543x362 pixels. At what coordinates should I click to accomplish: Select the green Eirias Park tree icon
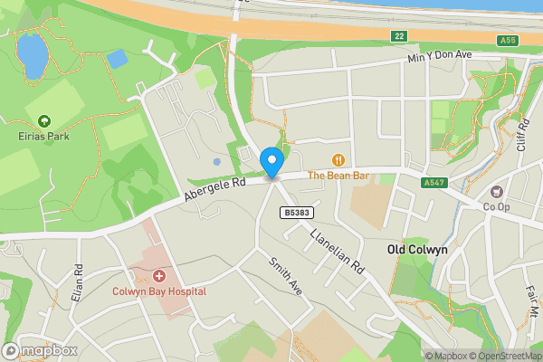point(43,120)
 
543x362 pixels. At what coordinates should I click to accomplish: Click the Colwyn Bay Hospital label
point(159,291)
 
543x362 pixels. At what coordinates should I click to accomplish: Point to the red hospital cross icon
point(159,275)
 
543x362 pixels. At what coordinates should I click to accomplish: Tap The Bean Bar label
point(338,176)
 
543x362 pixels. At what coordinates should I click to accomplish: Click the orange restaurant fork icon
point(339,160)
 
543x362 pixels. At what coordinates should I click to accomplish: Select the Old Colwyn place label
point(418,249)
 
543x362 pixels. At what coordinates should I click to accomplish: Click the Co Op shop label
point(497,207)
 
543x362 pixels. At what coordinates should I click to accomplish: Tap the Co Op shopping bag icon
point(496,192)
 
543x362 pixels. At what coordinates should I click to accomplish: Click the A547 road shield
point(434,183)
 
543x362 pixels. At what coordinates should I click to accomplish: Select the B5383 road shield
point(291,213)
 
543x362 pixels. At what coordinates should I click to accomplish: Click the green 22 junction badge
point(399,36)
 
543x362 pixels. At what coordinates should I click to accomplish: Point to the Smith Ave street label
point(283,274)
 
